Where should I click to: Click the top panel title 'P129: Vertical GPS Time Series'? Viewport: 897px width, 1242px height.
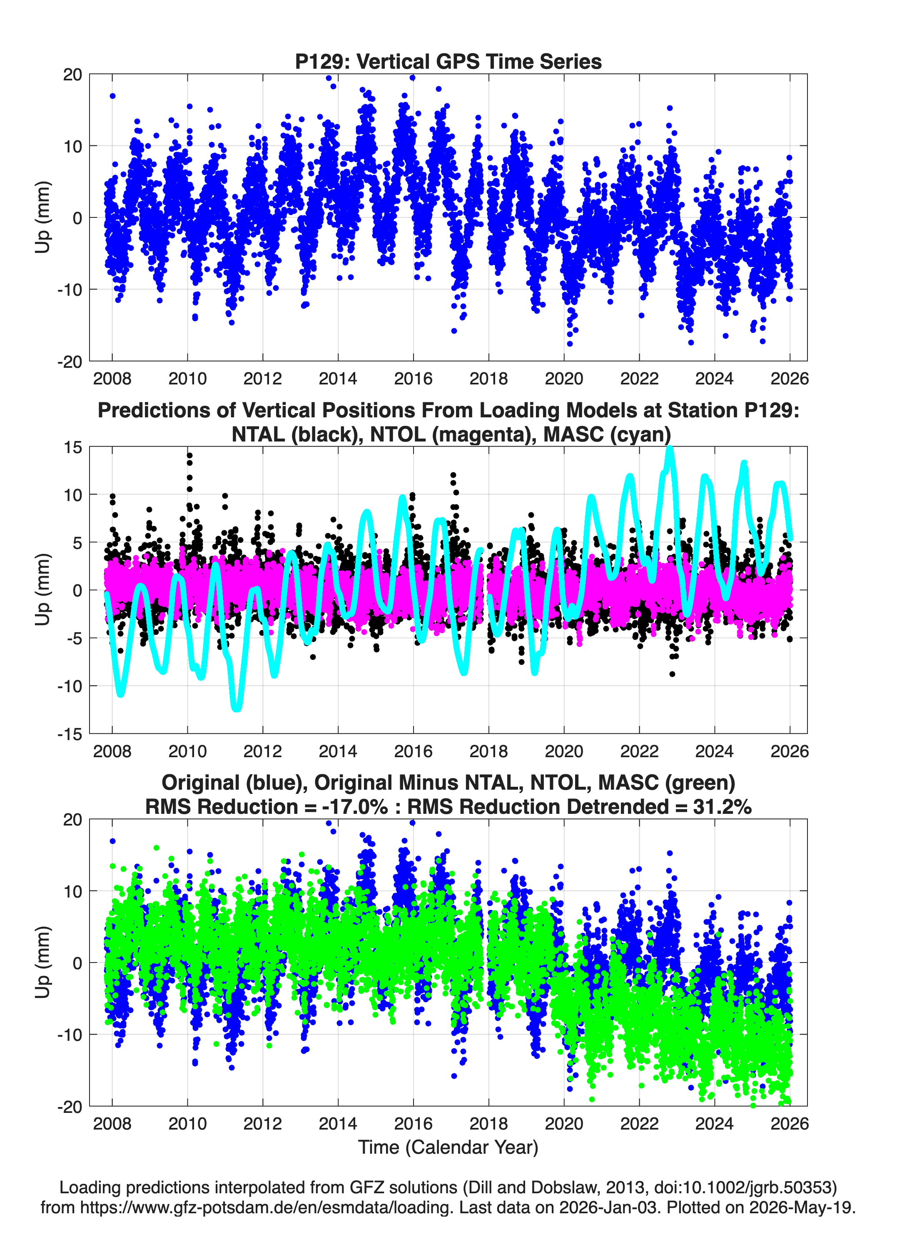448,61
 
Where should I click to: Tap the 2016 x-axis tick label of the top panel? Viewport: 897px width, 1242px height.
413,379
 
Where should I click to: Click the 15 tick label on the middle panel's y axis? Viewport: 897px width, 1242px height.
72,447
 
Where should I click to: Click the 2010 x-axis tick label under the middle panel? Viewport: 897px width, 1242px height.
187,751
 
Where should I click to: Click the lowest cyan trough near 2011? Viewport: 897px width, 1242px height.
237,708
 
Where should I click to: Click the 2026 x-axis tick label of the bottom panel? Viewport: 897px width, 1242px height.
790,1123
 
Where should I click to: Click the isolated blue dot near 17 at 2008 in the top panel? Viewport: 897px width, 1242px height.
112,96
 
